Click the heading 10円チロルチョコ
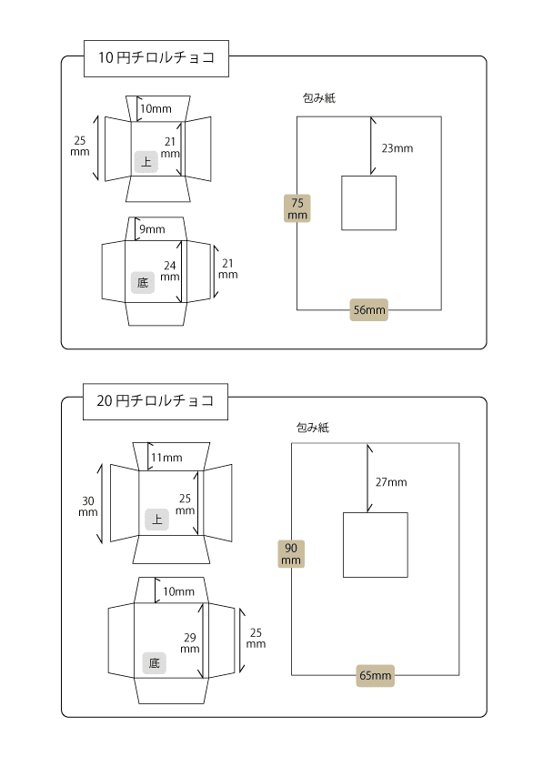coord(156,58)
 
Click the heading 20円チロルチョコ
coord(156,401)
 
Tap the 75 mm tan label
coord(297,209)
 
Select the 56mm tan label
coord(369,309)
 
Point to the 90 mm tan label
coord(291,554)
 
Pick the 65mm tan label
coord(376,675)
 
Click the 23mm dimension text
coord(397,148)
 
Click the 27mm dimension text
coord(391,482)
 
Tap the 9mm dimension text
coord(152,229)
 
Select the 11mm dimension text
coord(166,458)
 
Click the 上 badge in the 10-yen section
coord(146,162)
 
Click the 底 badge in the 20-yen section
coord(154,663)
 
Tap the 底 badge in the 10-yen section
coord(143,283)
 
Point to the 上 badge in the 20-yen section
coord(156,520)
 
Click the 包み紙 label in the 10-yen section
coord(319,98)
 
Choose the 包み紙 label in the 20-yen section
coord(313,428)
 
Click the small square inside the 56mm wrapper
coord(369,203)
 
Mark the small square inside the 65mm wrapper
coord(376,545)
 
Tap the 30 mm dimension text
coord(88,507)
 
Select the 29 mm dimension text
coord(190,643)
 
